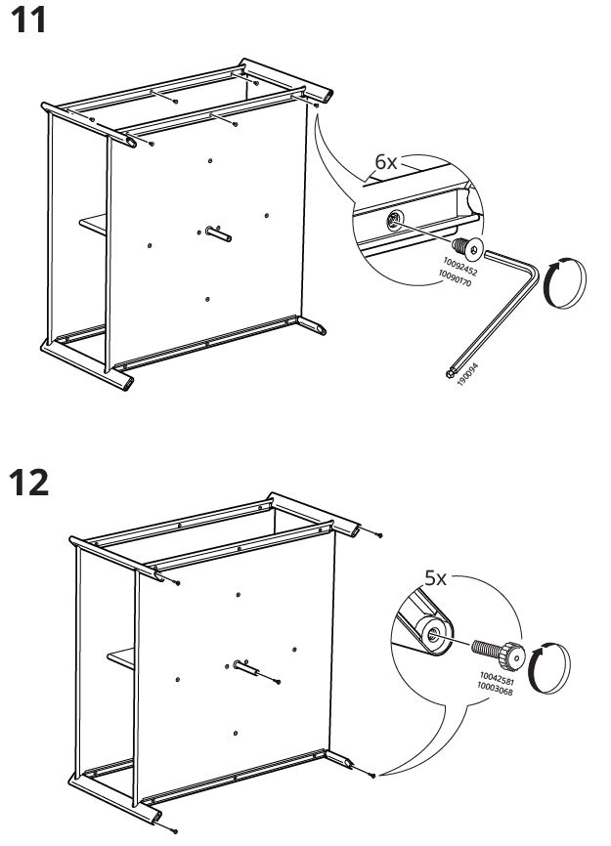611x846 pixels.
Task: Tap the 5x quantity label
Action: [434, 577]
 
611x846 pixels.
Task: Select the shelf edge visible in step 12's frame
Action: [122, 659]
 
